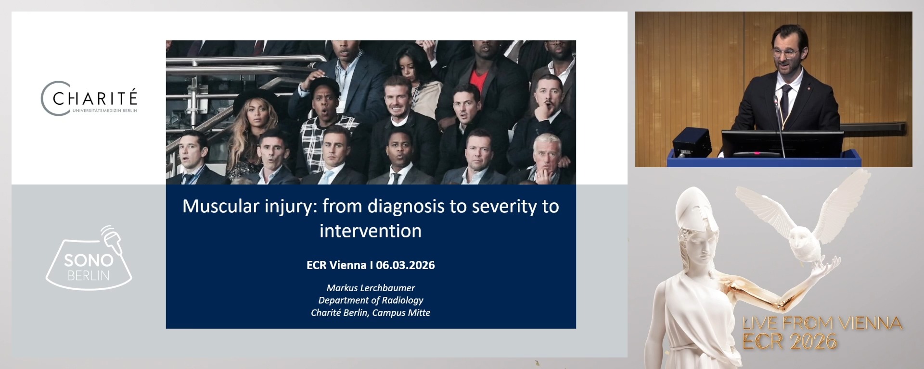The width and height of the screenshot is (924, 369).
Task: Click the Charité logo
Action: pyautogui.click(x=89, y=98)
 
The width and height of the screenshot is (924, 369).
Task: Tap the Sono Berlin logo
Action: pyautogui.click(x=89, y=262)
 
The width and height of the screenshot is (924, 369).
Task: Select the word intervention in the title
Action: pyautogui.click(x=370, y=231)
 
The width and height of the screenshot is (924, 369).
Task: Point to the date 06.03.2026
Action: pyautogui.click(x=405, y=265)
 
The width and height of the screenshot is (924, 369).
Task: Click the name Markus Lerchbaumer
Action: pyautogui.click(x=371, y=288)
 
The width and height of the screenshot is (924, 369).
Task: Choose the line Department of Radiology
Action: pyautogui.click(x=371, y=300)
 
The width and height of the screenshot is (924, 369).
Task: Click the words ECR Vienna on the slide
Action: pyautogui.click(x=336, y=265)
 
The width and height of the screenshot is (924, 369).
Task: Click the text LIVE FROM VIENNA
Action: pyautogui.click(x=822, y=323)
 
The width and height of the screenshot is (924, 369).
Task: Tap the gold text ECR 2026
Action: pyautogui.click(x=789, y=342)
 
